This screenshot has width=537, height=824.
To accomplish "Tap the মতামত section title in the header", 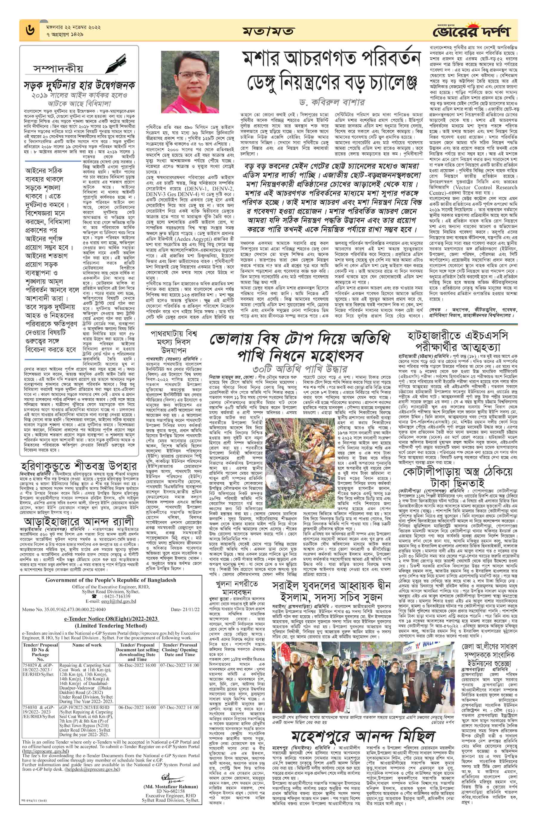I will (269, 31).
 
